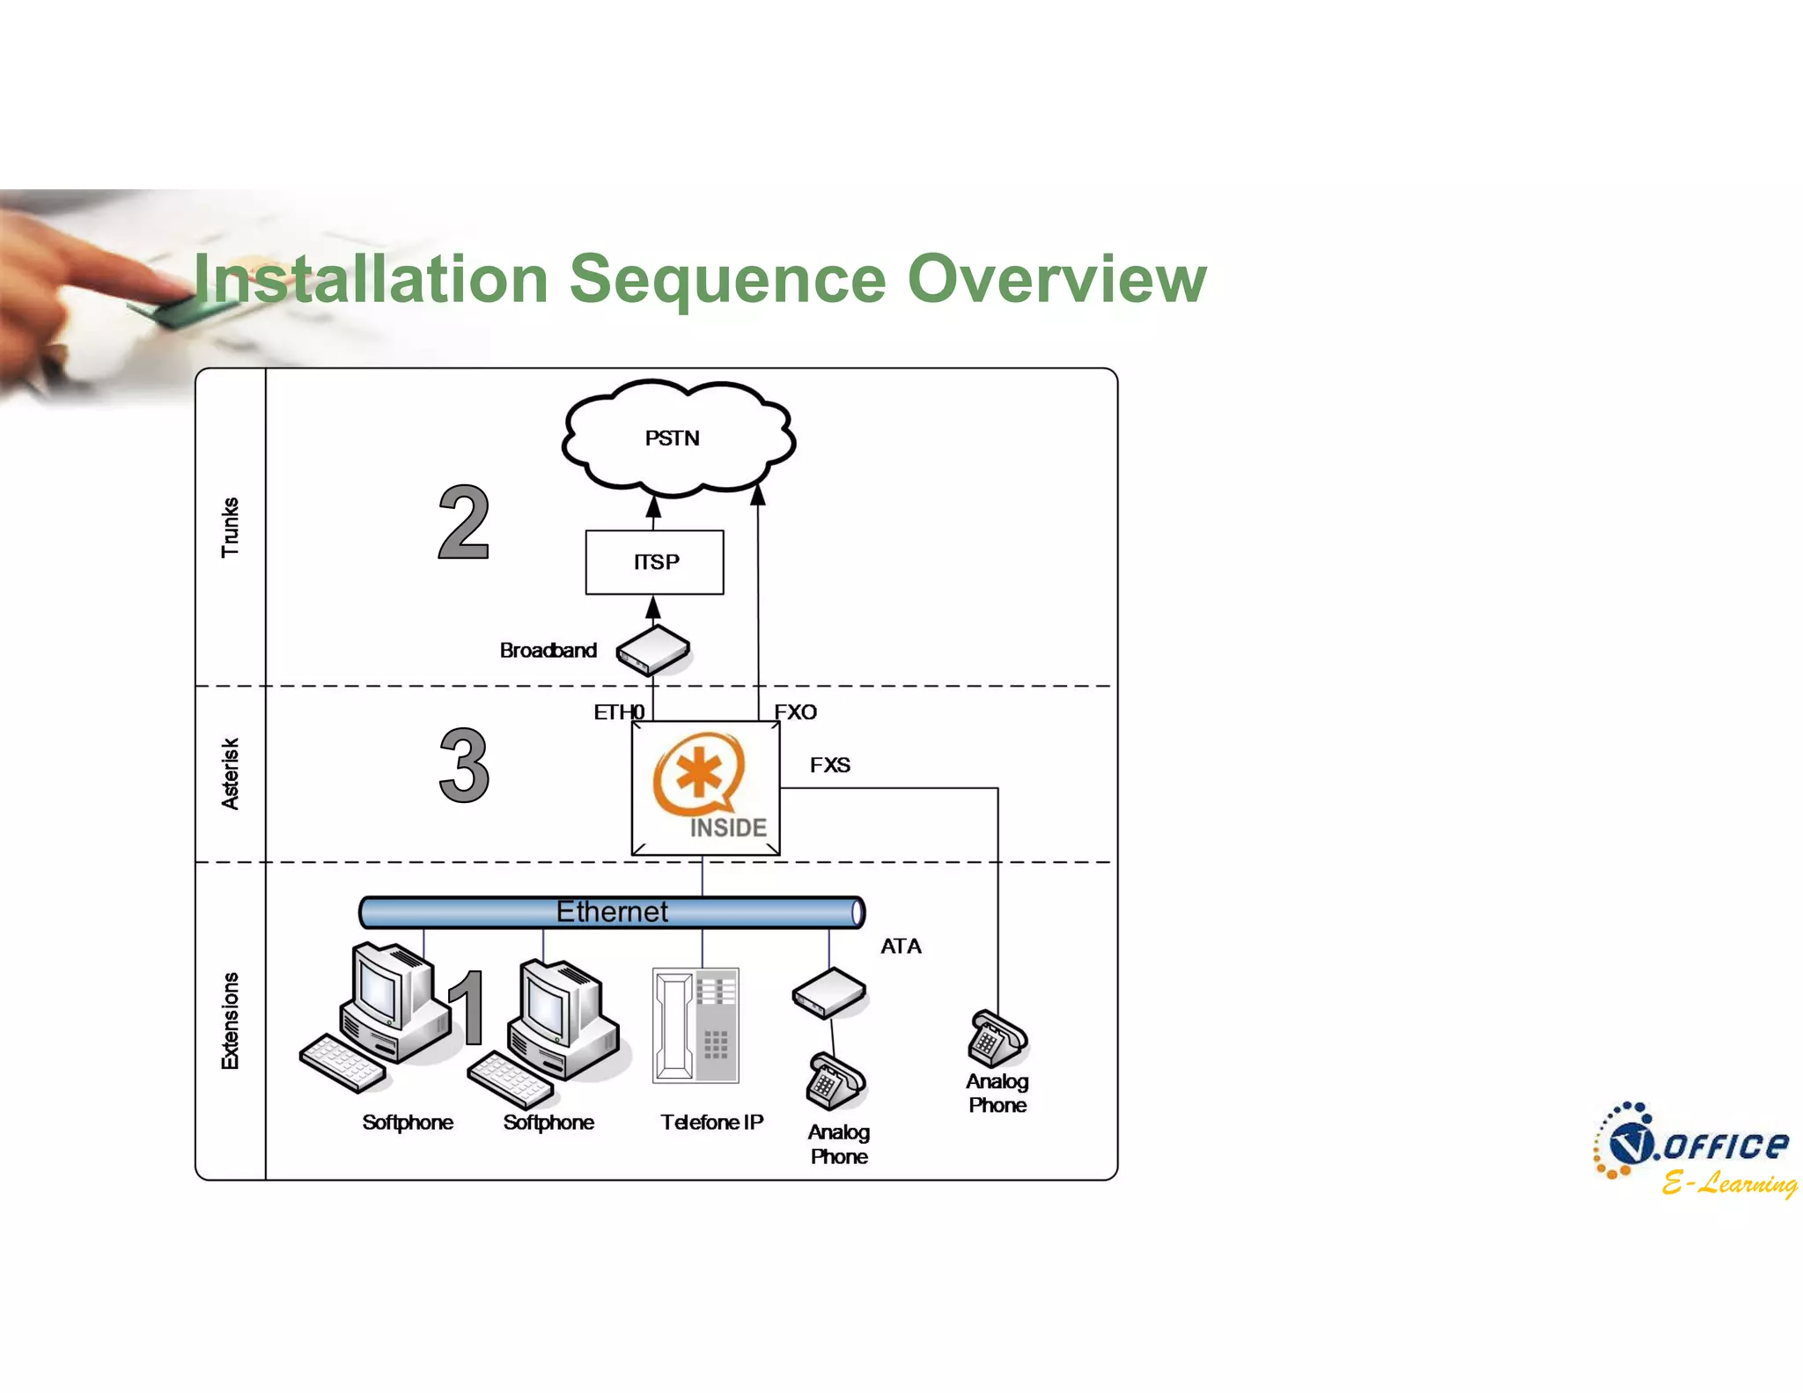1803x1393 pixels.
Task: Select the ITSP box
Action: tap(655, 562)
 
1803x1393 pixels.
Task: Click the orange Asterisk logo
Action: tap(698, 775)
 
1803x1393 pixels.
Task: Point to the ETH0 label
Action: tap(618, 711)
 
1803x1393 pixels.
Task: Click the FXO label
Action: tap(795, 711)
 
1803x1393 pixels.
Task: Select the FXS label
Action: tap(829, 764)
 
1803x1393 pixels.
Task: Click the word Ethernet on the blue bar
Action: tap(612, 911)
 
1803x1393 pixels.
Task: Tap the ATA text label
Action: tap(901, 946)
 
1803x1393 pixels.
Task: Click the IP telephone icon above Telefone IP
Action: tap(695, 1026)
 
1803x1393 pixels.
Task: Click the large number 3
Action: tap(464, 766)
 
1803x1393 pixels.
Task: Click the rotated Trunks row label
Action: tap(230, 527)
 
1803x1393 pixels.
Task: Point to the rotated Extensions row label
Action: tap(230, 1021)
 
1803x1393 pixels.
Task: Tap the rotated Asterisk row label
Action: tap(230, 773)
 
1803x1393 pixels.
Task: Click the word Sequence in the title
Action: tap(727, 278)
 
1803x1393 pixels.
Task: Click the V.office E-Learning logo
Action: tap(1694, 1150)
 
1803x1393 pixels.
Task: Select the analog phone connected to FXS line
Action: tap(997, 1039)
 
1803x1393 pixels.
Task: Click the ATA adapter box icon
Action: tap(829, 993)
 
